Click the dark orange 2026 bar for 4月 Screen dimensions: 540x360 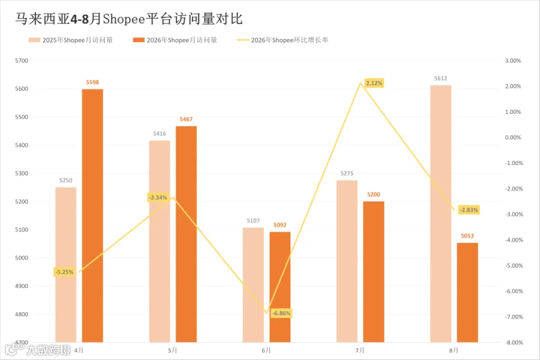(92, 215)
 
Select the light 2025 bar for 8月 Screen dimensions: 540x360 (440, 214)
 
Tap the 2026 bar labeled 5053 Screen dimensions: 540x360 (467, 292)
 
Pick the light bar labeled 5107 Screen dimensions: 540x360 (253, 285)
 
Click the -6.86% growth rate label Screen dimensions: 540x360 (281, 313)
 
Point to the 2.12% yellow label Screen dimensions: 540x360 (374, 83)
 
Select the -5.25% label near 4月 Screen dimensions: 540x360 (64, 272)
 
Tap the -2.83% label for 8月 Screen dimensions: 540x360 (469, 210)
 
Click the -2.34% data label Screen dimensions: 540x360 (158, 197)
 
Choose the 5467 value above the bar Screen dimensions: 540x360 (186, 119)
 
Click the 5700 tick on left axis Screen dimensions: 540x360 (22, 61)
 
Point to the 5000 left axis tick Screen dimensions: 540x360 (22, 257)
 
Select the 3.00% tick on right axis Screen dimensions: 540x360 (513, 61)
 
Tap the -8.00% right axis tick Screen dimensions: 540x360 (514, 343)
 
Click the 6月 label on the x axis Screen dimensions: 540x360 (266, 350)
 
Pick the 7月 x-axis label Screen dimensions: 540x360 (360, 350)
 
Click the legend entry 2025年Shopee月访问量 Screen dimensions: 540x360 (71, 40)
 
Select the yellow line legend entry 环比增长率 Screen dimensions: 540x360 (283, 40)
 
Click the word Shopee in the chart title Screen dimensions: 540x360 (124, 19)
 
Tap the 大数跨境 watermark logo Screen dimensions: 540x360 (37, 350)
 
